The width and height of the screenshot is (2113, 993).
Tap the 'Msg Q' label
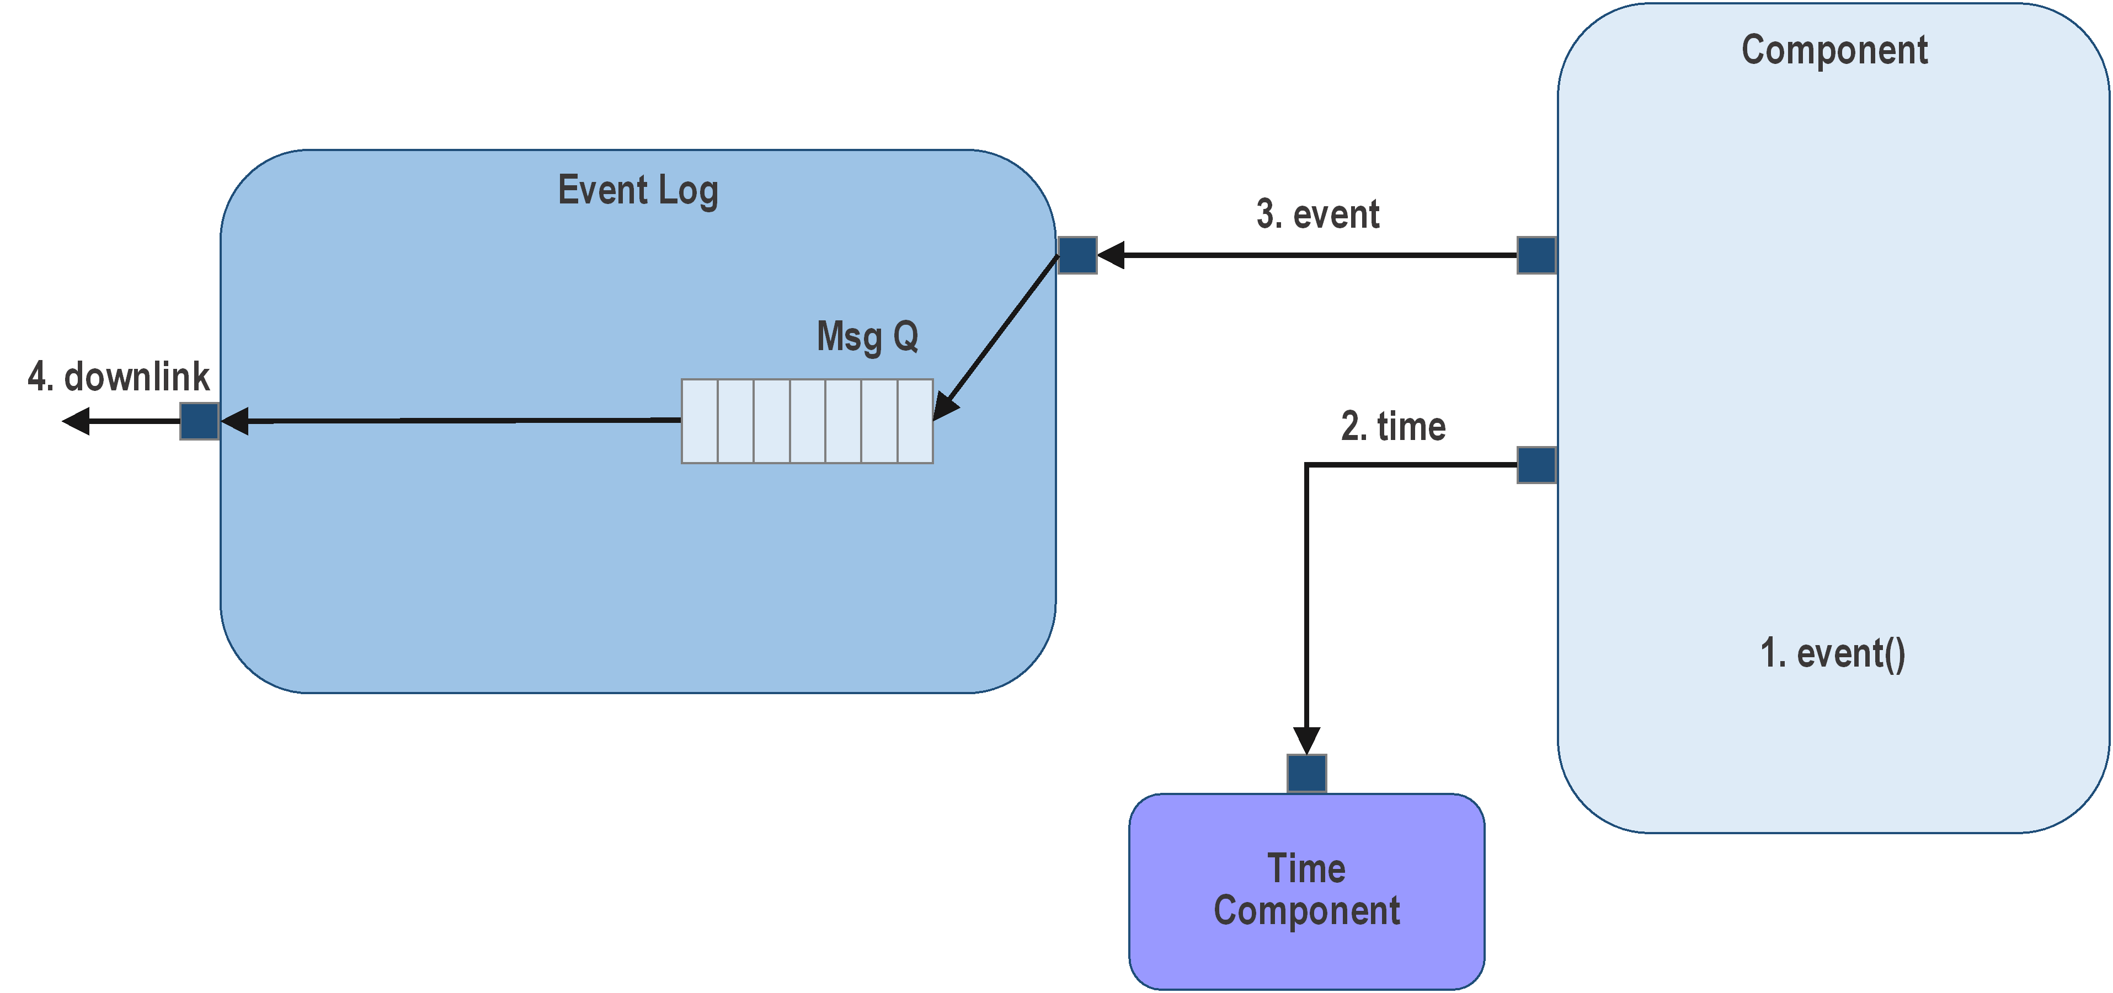click(867, 336)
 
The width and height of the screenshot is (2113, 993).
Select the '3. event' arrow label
click(1317, 215)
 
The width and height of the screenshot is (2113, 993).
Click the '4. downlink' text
click(119, 377)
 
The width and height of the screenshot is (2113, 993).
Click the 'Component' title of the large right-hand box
click(1834, 51)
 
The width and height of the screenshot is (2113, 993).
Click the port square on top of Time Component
click(1306, 773)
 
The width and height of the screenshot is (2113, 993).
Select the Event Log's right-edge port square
click(1077, 255)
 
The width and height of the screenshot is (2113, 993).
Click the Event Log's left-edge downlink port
click(199, 421)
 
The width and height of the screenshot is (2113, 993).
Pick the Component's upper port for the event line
click(1536, 255)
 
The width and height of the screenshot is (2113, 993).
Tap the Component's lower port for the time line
click(1536, 465)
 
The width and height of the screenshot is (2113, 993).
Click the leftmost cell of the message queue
click(700, 421)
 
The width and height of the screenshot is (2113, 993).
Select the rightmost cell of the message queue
click(915, 421)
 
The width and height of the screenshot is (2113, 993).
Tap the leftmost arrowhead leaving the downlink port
click(76, 421)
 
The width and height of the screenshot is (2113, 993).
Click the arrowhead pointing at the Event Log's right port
click(1111, 255)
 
